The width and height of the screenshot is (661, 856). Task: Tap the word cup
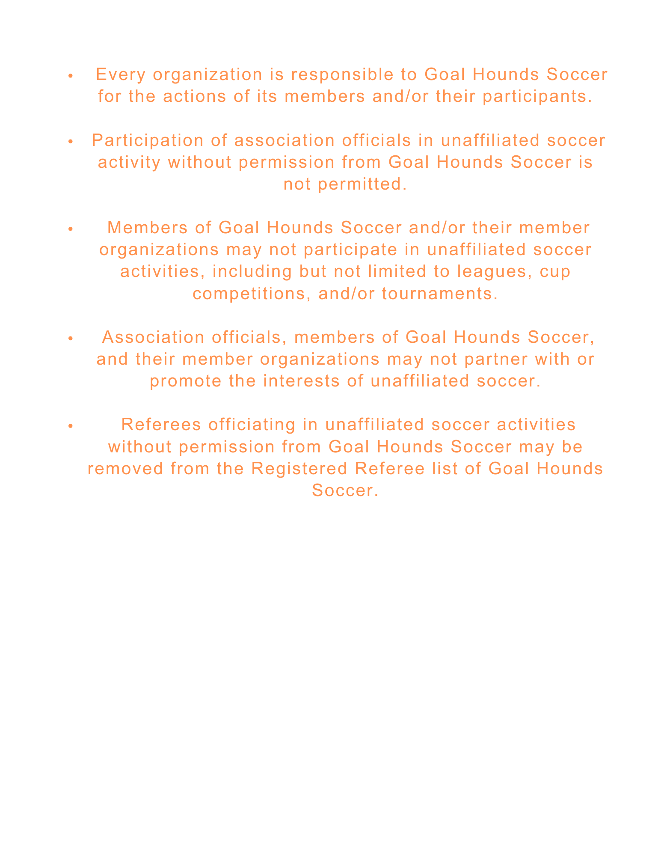555,273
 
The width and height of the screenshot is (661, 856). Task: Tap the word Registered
299,469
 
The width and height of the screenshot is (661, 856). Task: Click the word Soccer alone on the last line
345,490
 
